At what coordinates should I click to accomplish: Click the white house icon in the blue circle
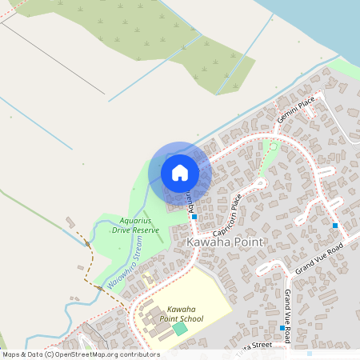pyautogui.click(x=180, y=172)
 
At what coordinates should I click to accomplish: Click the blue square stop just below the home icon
pyautogui.click(x=194, y=216)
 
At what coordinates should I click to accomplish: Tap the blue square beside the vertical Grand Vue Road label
pyautogui.click(x=282, y=328)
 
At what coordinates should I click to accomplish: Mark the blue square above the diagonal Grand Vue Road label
pyautogui.click(x=334, y=226)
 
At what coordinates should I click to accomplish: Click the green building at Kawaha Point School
pyautogui.click(x=181, y=329)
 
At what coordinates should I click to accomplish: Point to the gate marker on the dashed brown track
pyautogui.click(x=86, y=243)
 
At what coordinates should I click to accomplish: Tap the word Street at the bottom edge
pyautogui.click(x=272, y=345)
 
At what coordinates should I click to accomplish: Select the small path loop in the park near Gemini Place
pyautogui.click(x=273, y=146)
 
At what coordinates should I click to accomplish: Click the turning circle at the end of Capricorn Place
pyautogui.click(x=262, y=182)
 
